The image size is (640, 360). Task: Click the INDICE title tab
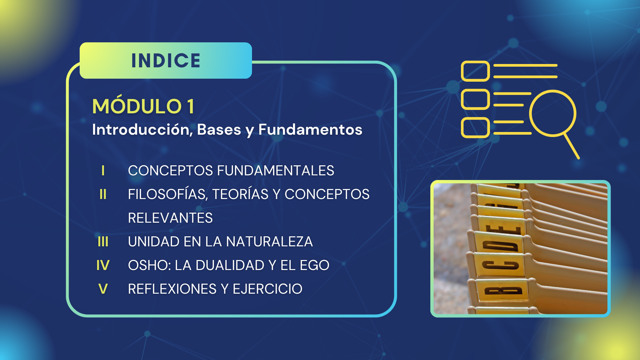166,60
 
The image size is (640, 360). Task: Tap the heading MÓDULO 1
143,106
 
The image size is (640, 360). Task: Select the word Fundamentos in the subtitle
310,129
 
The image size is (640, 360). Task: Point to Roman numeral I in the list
103,171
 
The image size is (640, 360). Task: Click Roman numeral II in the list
103,194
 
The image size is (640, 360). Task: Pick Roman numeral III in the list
103,242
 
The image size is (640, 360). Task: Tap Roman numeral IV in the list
103,265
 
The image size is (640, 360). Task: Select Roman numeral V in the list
103,289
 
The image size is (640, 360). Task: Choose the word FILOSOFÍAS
168,194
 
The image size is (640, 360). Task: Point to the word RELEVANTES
170,218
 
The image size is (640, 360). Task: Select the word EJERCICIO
267,289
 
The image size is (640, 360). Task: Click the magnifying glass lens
553,113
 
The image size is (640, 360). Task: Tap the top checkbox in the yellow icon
475,71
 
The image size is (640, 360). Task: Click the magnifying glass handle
572,146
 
